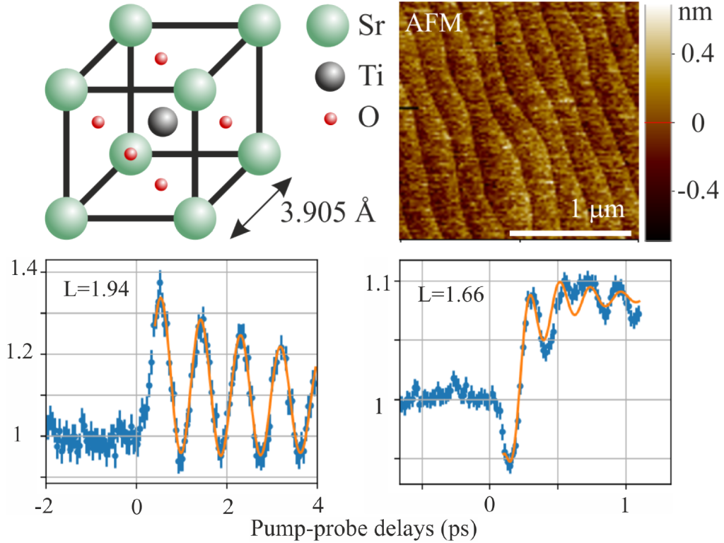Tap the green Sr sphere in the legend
[x=327, y=27]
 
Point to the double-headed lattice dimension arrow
[x=262, y=206]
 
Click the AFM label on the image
[x=433, y=23]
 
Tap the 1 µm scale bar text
[x=598, y=210]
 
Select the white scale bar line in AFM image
[x=569, y=231]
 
